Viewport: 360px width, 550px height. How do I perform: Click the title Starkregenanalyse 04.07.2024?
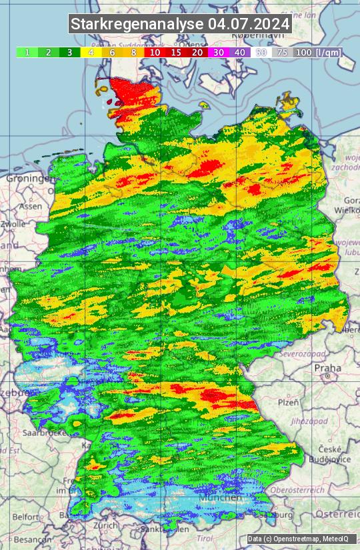[180, 25]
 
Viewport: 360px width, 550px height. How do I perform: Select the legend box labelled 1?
[27, 52]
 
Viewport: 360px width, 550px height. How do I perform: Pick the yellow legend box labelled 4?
[91, 52]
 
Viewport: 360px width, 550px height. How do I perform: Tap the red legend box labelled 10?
[155, 52]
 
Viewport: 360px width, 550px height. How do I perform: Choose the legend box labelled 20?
[197, 52]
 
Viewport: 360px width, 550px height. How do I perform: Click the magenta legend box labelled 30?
[219, 52]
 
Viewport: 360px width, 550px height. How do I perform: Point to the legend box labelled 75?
[283, 52]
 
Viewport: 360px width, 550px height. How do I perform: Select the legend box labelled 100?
[304, 52]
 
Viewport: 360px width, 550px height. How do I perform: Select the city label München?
[220, 497]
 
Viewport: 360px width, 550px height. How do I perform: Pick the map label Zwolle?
[12, 224]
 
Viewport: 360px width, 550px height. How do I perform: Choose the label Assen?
[29, 206]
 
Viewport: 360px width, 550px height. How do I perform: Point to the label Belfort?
[28, 516]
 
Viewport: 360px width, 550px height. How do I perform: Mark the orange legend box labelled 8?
[133, 52]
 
